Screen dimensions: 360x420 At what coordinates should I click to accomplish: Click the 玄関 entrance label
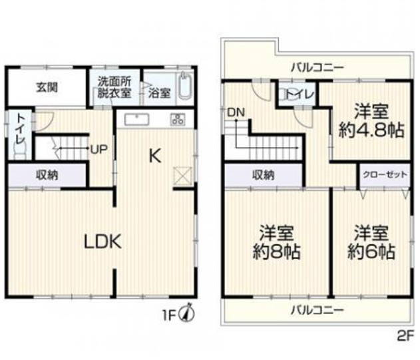pyautogui.click(x=47, y=87)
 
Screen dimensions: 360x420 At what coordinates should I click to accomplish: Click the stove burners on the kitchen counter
pyautogui.click(x=178, y=120)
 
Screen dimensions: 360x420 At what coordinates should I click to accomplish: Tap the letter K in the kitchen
pyautogui.click(x=154, y=157)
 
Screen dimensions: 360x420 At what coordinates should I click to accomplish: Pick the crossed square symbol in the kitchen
pyautogui.click(x=181, y=174)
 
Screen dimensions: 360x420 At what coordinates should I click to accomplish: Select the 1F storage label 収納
pyautogui.click(x=47, y=176)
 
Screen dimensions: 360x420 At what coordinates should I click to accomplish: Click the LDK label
pyautogui.click(x=102, y=242)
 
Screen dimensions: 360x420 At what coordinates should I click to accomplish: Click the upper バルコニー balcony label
pyautogui.click(x=316, y=67)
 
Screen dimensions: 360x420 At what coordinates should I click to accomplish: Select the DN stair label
pyautogui.click(x=234, y=112)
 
